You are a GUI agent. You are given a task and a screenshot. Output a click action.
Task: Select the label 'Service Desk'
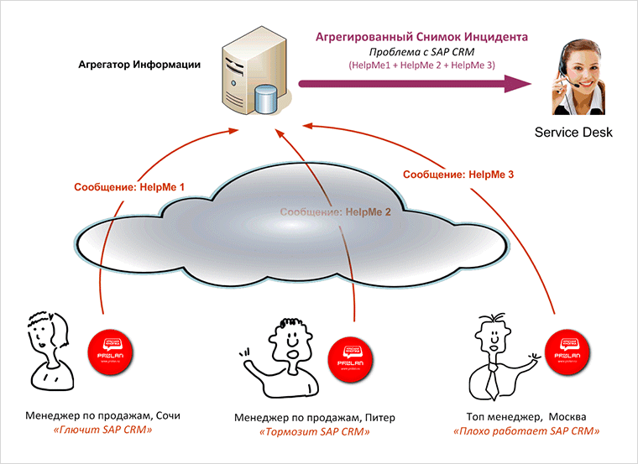point(574,133)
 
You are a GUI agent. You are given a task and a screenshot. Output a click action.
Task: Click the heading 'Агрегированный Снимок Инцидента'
point(421,37)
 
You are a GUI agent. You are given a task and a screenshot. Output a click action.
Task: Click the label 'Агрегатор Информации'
point(139,64)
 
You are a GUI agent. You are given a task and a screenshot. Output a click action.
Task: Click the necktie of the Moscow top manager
point(494,382)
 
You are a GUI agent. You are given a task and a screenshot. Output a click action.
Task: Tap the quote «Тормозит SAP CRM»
point(314,432)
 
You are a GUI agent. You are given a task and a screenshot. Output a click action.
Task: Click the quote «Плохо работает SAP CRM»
point(526,431)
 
